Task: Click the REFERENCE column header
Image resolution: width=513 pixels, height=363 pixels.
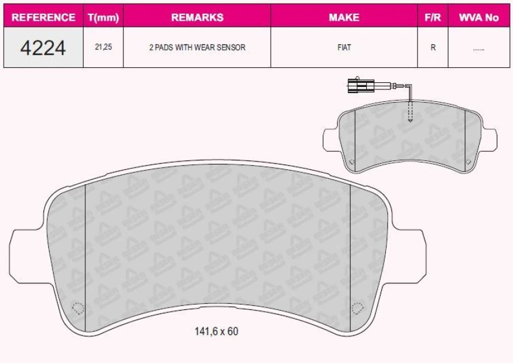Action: click(x=44, y=17)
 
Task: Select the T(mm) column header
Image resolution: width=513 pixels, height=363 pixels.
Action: click(x=103, y=17)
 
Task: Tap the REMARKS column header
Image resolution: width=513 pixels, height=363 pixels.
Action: click(x=197, y=17)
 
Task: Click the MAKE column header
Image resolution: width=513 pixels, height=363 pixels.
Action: click(x=344, y=17)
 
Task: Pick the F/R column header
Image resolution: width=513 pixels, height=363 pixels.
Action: click(x=432, y=17)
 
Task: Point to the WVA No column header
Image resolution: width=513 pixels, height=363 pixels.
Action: click(x=478, y=17)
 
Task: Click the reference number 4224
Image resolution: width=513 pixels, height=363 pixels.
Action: click(x=43, y=47)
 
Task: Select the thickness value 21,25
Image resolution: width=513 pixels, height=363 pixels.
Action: click(x=103, y=47)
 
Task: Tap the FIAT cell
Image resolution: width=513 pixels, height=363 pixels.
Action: click(x=344, y=47)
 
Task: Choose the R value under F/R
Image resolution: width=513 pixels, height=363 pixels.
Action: click(x=432, y=47)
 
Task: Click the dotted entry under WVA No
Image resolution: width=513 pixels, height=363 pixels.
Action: click(x=478, y=48)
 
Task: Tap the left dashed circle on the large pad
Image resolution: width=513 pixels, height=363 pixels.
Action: click(x=76, y=308)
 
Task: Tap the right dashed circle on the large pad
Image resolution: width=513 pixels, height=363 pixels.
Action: click(x=357, y=308)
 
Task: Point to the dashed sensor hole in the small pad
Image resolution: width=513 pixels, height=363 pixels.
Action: click(x=410, y=112)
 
